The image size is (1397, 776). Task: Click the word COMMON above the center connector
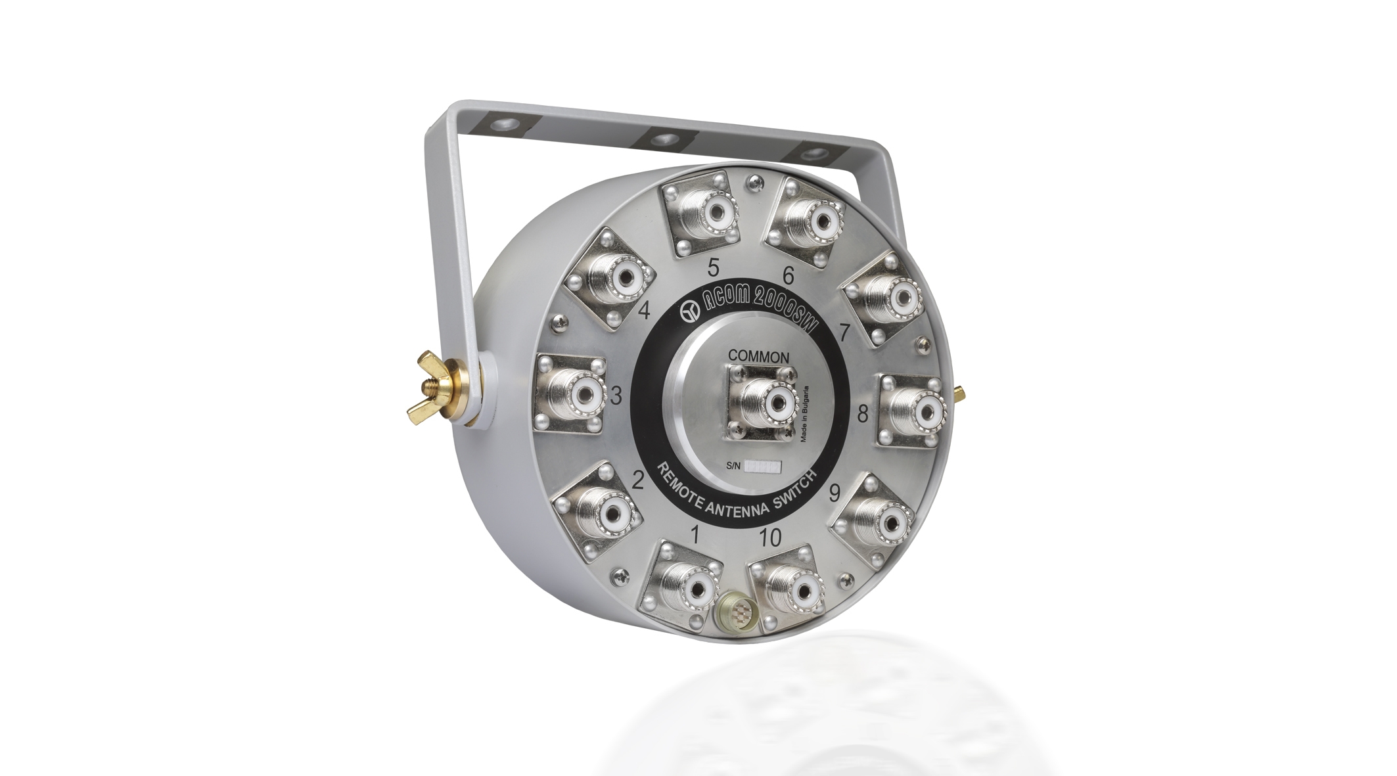(758, 356)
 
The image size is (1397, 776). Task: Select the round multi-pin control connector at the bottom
(730, 616)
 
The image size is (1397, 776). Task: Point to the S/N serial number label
(754, 467)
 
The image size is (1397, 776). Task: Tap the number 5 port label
(713, 267)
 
